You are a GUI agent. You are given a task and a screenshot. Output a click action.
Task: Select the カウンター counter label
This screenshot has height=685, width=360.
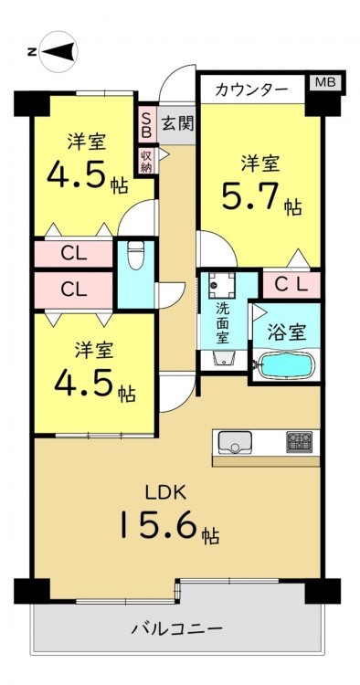point(251,90)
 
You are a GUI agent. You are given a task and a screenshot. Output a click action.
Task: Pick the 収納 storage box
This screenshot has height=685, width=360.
point(147,161)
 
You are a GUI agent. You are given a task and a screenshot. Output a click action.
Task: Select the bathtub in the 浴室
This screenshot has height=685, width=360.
point(287,365)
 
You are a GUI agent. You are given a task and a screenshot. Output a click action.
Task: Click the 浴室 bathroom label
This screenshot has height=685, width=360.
point(286,333)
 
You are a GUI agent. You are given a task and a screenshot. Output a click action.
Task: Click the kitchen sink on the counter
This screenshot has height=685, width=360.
point(235,442)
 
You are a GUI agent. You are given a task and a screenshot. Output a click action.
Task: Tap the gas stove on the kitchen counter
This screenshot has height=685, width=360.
point(300,442)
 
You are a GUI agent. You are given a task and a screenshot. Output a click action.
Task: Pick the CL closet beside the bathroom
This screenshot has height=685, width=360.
point(291,285)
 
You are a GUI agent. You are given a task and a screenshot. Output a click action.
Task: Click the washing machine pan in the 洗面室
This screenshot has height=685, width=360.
point(221,283)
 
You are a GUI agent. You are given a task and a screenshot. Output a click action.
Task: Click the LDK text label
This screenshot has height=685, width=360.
point(166,493)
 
